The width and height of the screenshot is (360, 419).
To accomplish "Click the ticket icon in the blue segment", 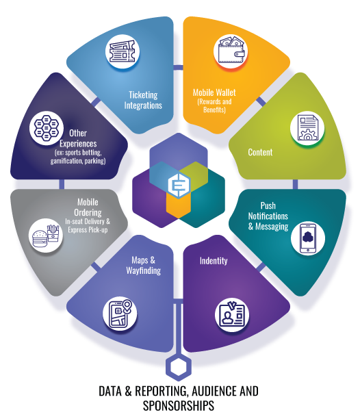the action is tap(123, 51).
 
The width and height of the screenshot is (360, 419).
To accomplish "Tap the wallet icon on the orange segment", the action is tap(231, 50).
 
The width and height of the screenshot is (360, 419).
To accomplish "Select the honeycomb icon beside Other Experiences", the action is tap(47, 128).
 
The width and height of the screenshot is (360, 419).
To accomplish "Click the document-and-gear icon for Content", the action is tap(307, 128).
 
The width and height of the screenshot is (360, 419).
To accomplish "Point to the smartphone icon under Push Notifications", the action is tap(308, 238).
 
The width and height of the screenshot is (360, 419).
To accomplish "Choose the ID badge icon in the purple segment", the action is tap(232, 315).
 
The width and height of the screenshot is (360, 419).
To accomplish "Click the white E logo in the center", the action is tap(179, 185).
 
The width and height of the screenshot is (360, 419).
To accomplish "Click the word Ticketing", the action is tap(143, 95).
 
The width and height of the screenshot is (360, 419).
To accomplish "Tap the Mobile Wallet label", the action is tap(214, 92).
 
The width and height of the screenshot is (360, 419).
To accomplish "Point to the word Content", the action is tap(260, 152).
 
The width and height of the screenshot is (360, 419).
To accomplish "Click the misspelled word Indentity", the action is tap(214, 261).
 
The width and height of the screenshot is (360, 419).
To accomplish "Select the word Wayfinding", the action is tap(144, 270).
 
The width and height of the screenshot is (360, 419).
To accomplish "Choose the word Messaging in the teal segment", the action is tap(272, 227).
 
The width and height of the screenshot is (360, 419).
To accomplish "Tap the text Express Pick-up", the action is tap(88, 230).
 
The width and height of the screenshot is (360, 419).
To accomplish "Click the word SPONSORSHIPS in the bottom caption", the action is tap(179, 405).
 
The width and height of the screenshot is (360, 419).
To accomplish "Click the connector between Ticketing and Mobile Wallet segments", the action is tap(178, 67).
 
